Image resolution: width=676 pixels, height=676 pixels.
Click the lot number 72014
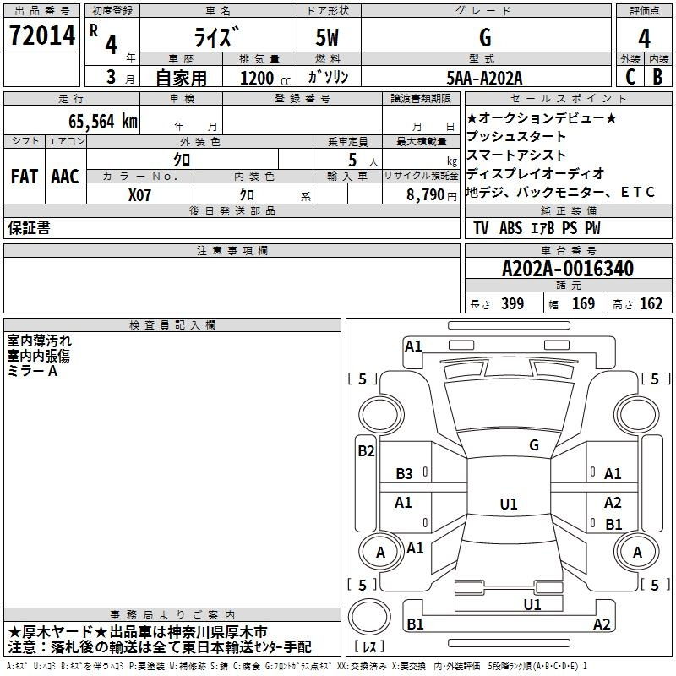click(42, 35)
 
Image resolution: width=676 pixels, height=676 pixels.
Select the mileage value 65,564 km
click(103, 122)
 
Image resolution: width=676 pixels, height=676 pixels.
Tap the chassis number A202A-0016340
click(568, 269)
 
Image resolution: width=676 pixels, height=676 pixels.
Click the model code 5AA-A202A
click(484, 78)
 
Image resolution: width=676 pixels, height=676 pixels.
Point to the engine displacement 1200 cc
click(265, 78)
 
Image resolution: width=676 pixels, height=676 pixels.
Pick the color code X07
click(139, 195)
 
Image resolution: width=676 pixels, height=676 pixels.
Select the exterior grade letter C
click(630, 77)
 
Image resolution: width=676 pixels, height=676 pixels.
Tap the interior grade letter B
click(657, 77)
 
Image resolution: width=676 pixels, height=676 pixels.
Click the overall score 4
click(644, 39)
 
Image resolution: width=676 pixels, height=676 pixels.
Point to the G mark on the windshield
click(534, 445)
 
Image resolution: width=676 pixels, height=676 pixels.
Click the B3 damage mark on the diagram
click(404, 474)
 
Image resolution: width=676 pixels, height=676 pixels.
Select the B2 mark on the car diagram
click(366, 451)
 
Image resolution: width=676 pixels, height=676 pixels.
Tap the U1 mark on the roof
click(509, 504)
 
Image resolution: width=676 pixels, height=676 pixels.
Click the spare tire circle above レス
click(369, 617)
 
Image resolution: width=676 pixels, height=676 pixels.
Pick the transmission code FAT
click(25, 177)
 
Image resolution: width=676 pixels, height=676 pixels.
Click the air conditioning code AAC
click(65, 177)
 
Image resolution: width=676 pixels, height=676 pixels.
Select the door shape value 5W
click(327, 37)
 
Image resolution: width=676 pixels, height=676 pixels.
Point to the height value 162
click(651, 303)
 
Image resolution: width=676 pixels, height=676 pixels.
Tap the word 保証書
click(29, 227)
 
